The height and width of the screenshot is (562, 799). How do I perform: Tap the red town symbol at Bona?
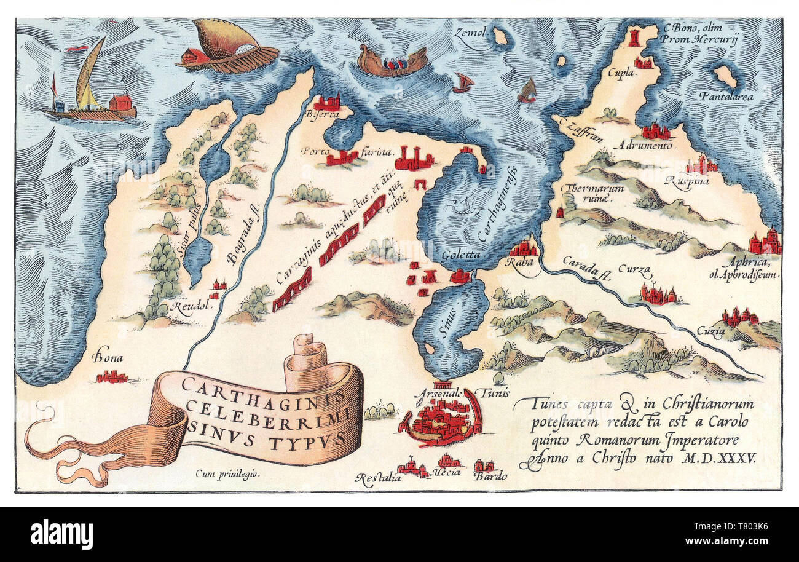[x=112, y=376]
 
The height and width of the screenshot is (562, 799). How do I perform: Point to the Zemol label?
[x=470, y=33]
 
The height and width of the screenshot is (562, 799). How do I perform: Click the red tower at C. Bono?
[x=634, y=36]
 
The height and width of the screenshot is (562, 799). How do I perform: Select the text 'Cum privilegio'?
[x=226, y=473]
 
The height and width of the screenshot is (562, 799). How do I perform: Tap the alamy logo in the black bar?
[x=61, y=533]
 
